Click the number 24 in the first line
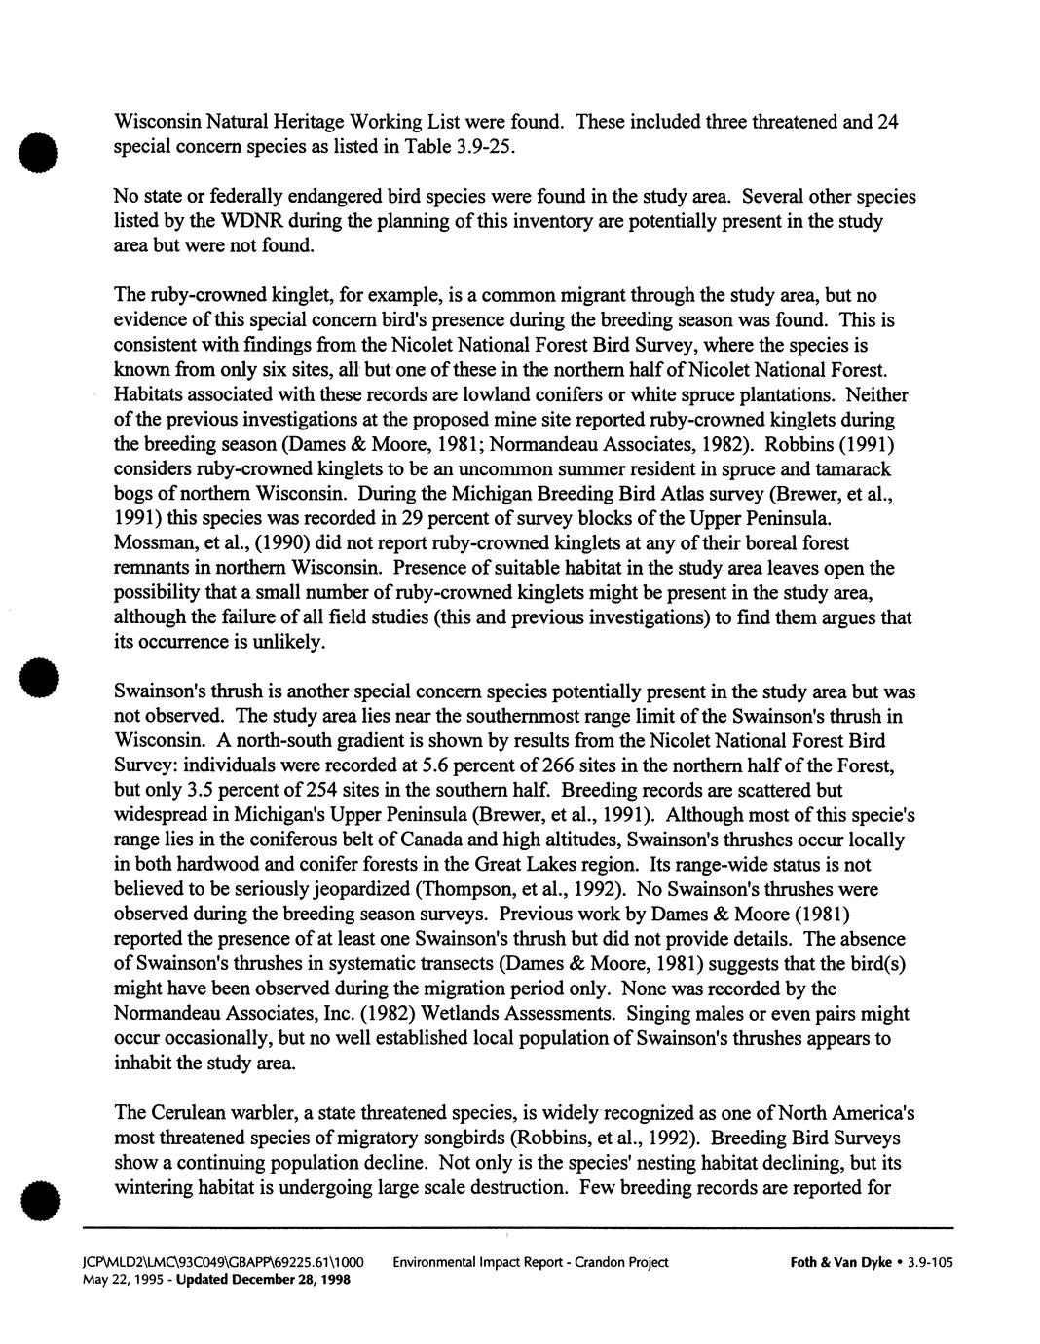[886, 122]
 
